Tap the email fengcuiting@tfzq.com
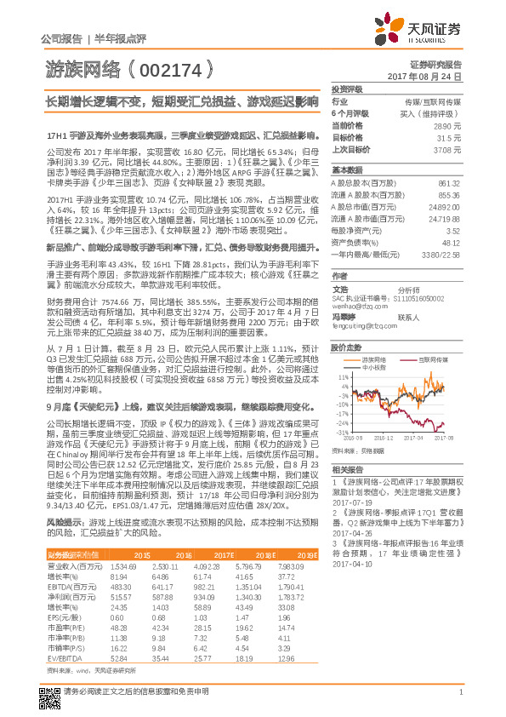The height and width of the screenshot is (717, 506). (360, 324)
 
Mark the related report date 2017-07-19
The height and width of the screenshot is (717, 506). (349, 502)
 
